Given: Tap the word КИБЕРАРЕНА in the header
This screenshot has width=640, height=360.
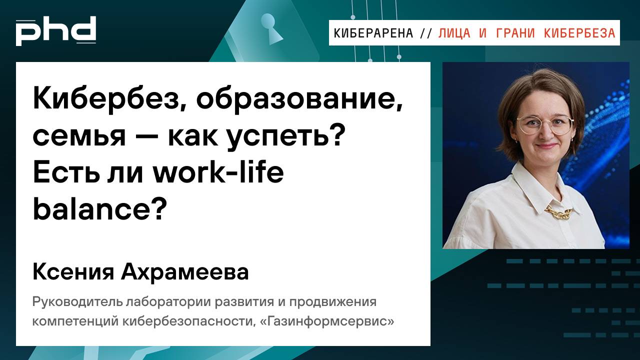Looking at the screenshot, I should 373,33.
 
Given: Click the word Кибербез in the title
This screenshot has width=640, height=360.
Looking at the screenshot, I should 108,100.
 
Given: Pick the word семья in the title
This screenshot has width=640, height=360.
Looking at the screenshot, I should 79,136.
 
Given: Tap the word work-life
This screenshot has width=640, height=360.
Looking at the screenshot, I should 218,172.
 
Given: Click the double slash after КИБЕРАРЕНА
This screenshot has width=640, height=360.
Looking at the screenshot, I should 426,33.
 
